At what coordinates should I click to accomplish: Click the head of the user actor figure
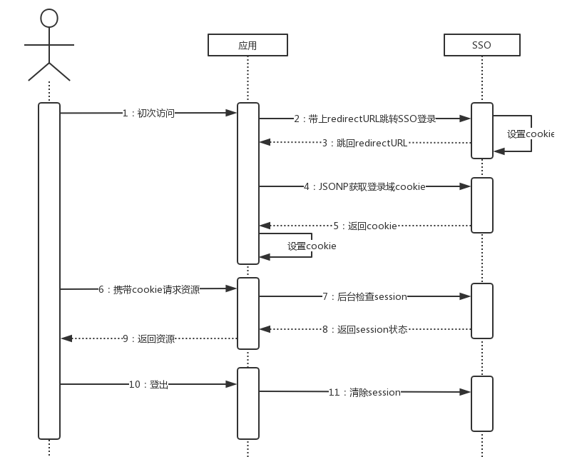pyautogui.click(x=48, y=18)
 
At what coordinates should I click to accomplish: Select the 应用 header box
pyautogui.click(x=247, y=45)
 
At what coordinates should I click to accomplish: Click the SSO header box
pyautogui.click(x=481, y=45)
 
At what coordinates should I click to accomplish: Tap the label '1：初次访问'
pyautogui.click(x=148, y=113)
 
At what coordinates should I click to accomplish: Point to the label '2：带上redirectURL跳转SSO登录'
pyautogui.click(x=364, y=119)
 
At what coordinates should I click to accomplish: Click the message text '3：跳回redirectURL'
pyautogui.click(x=364, y=143)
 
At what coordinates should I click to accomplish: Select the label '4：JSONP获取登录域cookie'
pyautogui.click(x=364, y=186)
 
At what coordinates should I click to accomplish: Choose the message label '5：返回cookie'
pyautogui.click(x=364, y=226)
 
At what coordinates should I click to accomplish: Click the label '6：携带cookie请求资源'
pyautogui.click(x=149, y=289)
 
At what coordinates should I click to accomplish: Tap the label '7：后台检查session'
pyautogui.click(x=364, y=296)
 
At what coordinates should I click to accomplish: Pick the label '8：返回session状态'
pyautogui.click(x=364, y=329)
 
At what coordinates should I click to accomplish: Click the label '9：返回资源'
pyautogui.click(x=148, y=338)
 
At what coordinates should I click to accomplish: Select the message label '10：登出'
pyautogui.click(x=148, y=384)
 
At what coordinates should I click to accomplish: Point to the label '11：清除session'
pyautogui.click(x=364, y=392)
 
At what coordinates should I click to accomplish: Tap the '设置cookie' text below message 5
pyautogui.click(x=312, y=246)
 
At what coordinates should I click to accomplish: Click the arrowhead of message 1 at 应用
pyautogui.click(x=232, y=113)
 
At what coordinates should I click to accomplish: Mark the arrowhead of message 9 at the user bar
pyautogui.click(x=66, y=338)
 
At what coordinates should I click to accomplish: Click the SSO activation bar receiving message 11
pyautogui.click(x=482, y=403)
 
